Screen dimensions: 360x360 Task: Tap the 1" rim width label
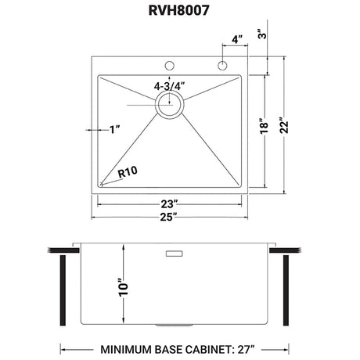click(115, 129)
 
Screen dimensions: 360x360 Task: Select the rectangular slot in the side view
click(172, 254)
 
